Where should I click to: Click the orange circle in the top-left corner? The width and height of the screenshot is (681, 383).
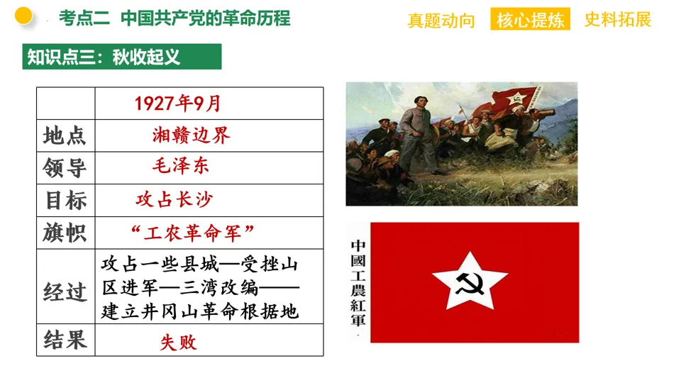coord(23,16)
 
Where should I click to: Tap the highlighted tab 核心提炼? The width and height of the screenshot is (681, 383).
coord(531,20)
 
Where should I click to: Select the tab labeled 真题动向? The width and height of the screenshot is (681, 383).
coord(441,20)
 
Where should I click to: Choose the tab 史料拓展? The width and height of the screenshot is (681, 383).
coord(617,20)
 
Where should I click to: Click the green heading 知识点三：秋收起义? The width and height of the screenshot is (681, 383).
coord(122,57)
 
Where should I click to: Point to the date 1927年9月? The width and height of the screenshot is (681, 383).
coord(178,104)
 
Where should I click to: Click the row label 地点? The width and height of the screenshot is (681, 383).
coord(65,135)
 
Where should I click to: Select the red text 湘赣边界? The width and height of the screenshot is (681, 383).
coord(192,135)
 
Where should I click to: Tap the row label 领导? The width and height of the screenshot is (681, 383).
coord(65,168)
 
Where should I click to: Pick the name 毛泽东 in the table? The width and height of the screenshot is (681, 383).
coord(181,167)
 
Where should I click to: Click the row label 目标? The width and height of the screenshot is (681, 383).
coord(65,201)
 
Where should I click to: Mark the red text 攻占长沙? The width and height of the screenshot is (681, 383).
coord(174,200)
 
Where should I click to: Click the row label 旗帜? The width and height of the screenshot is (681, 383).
coord(65,233)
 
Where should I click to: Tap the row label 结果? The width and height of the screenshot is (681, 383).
coord(65,340)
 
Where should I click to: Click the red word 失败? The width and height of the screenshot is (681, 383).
coord(178,343)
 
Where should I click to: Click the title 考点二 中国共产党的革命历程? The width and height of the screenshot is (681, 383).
coord(175,18)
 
